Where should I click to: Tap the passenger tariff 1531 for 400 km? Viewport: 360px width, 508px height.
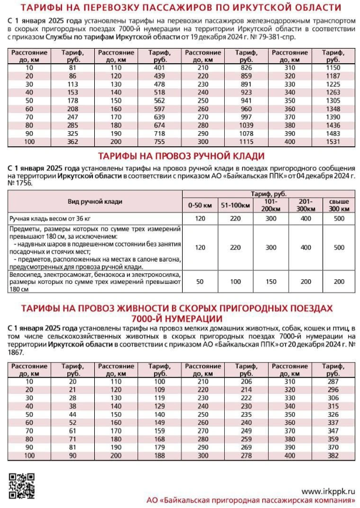tap(332, 142)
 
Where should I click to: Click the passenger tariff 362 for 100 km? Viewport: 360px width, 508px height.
tap(73, 142)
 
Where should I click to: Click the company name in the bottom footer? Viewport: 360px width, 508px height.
tap(259, 501)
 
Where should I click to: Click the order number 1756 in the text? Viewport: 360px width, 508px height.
tap(20, 183)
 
